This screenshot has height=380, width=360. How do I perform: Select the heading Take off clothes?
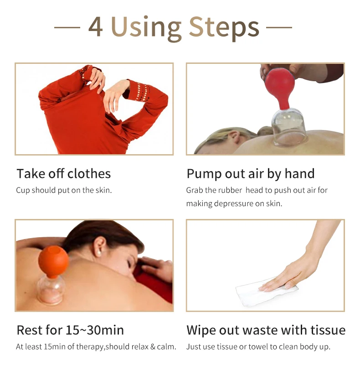(x=63, y=174)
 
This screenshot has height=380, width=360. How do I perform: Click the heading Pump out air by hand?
(x=250, y=174)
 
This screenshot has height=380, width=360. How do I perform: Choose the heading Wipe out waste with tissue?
(x=266, y=330)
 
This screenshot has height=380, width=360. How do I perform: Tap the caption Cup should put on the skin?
(x=64, y=190)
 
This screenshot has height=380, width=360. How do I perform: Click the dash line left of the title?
(x=67, y=27)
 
